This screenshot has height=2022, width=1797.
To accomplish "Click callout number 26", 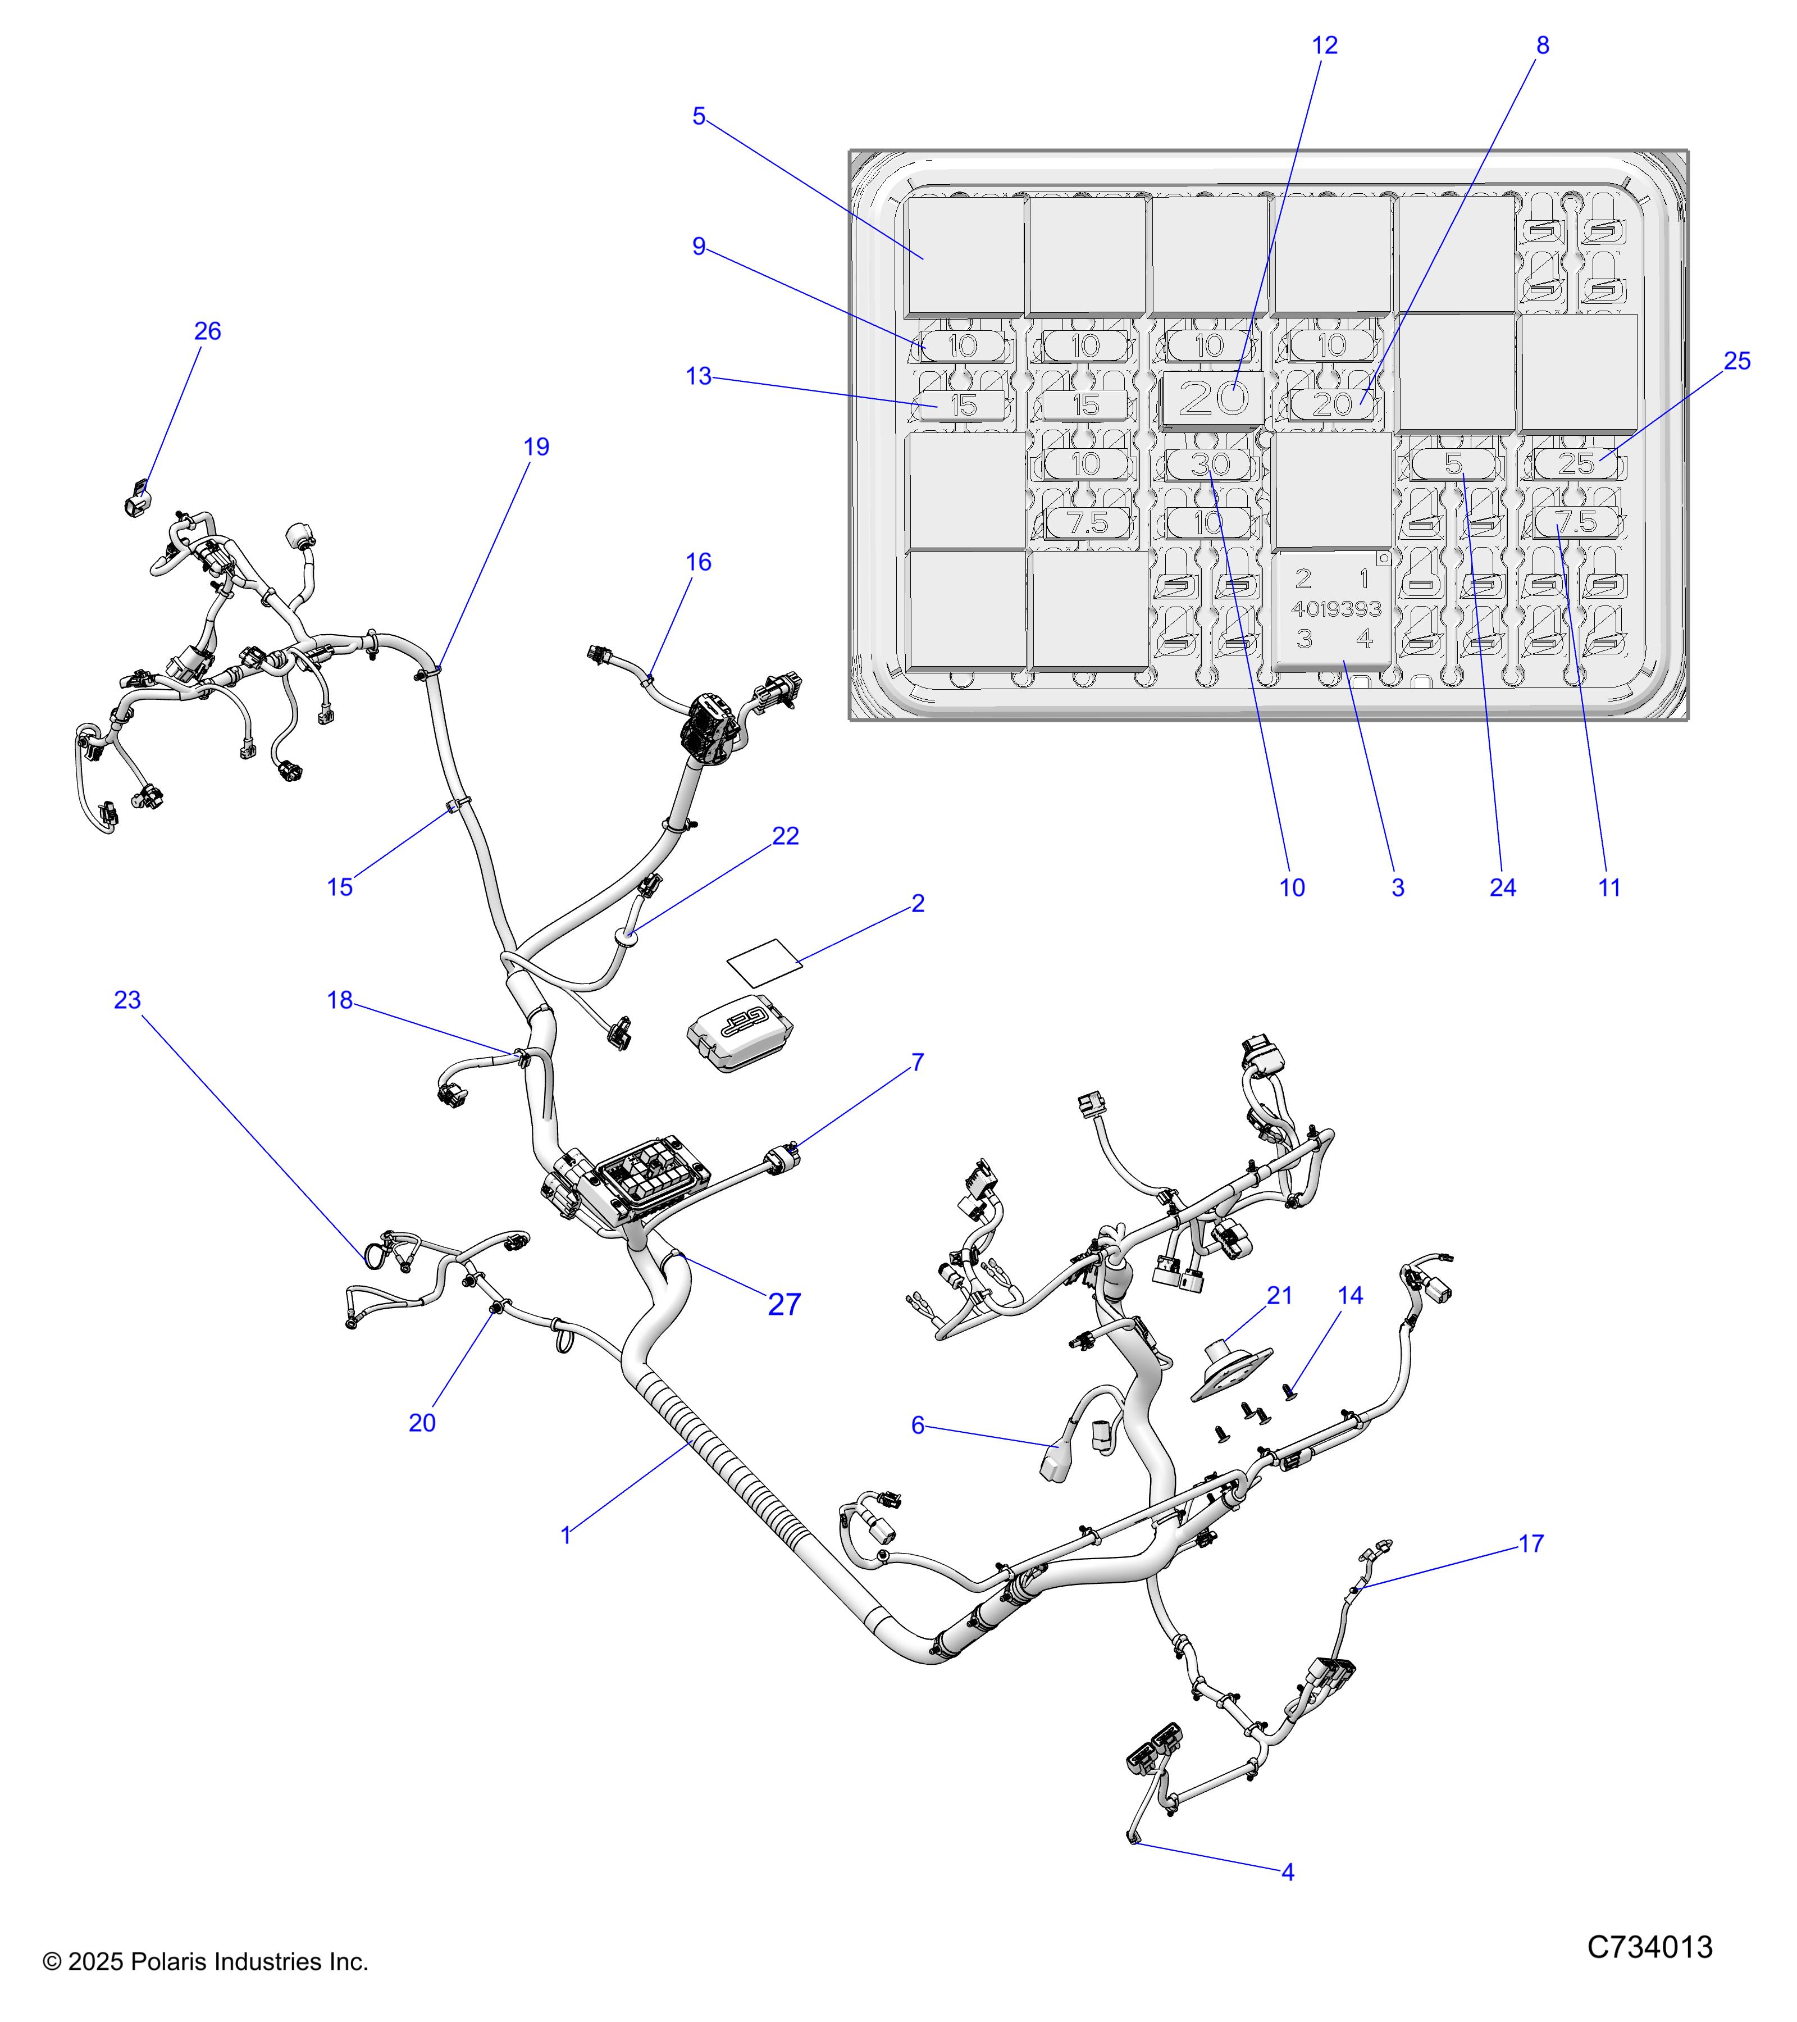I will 208,331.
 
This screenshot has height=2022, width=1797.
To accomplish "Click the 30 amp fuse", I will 1210,464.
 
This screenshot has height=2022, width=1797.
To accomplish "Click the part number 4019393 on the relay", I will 1336,608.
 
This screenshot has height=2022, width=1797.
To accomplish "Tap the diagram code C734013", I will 1650,1948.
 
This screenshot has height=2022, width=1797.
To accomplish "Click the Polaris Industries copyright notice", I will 206,1962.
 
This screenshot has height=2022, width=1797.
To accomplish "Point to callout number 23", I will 127,1000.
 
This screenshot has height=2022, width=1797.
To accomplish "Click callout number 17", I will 1531,1543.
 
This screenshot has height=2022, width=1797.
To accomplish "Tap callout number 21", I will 1280,1296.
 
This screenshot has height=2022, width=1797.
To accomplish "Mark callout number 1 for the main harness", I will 565,1536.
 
